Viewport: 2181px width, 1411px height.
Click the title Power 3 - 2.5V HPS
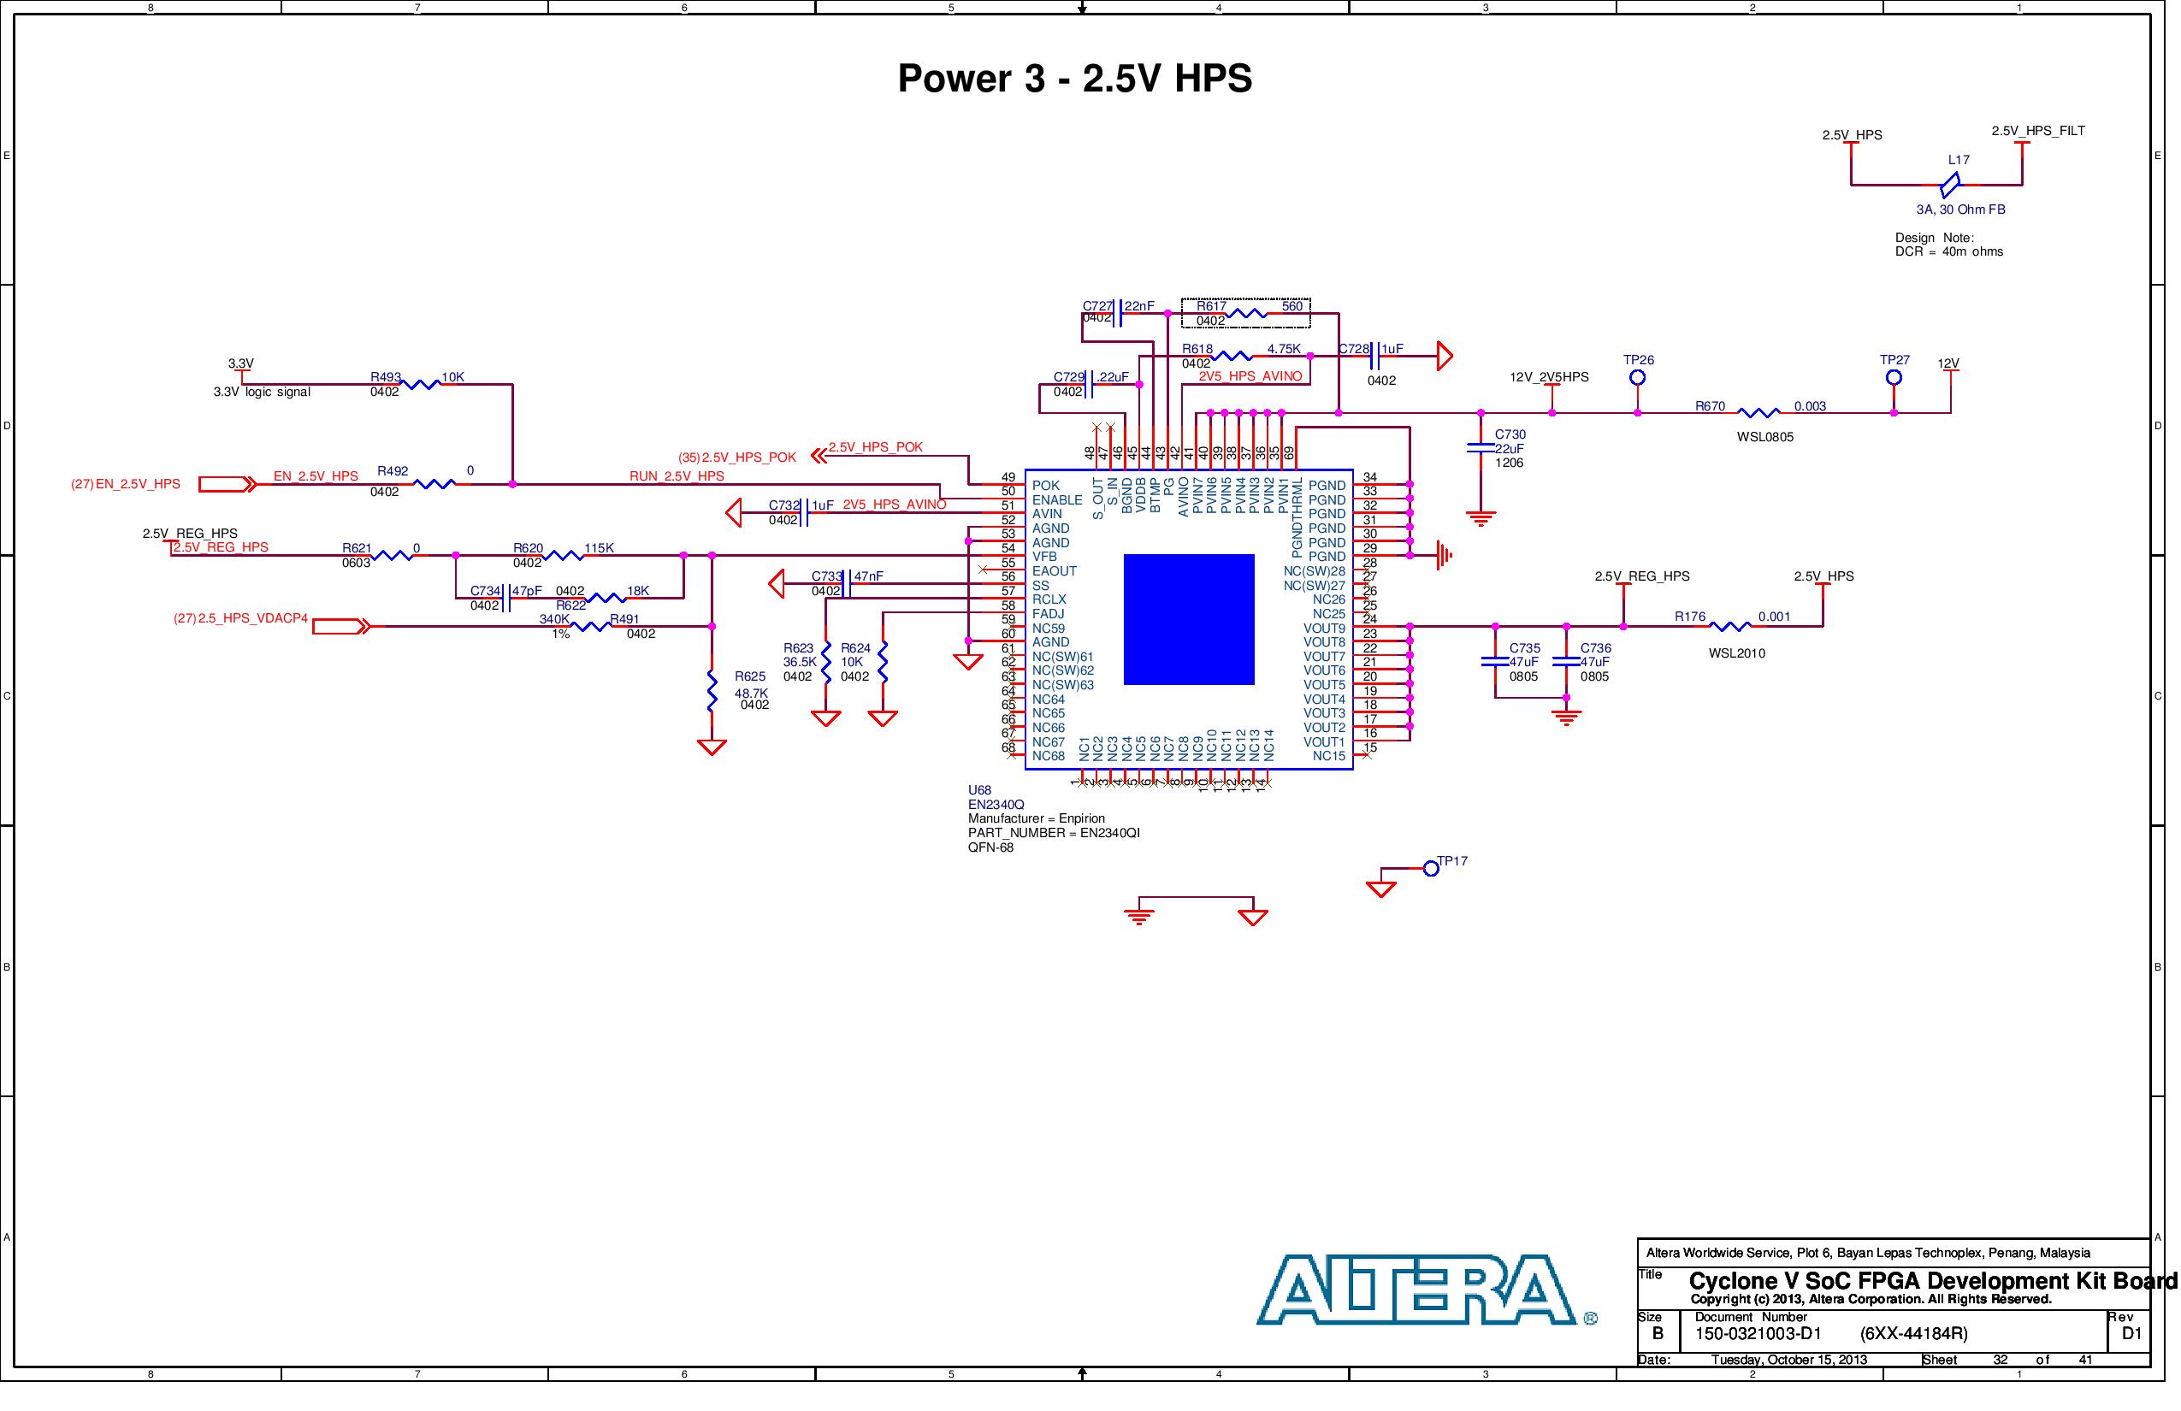point(1074,79)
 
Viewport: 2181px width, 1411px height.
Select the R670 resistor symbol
point(1758,413)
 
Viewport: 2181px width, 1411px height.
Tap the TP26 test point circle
point(1638,377)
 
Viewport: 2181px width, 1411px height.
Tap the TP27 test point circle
point(1894,377)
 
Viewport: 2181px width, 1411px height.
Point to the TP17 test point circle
point(1430,869)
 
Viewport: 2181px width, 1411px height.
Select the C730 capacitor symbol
point(1481,448)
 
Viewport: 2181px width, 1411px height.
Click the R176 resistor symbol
point(1730,627)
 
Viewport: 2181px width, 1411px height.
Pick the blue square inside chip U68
point(1189,619)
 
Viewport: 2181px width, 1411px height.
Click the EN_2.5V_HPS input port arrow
point(228,485)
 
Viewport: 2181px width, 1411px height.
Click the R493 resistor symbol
point(421,385)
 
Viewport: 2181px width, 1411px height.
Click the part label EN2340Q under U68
point(996,805)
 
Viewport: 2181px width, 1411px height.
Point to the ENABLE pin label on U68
point(1056,500)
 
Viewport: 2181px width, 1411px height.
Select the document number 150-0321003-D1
point(1758,1334)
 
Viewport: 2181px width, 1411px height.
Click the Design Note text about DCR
point(1948,245)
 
